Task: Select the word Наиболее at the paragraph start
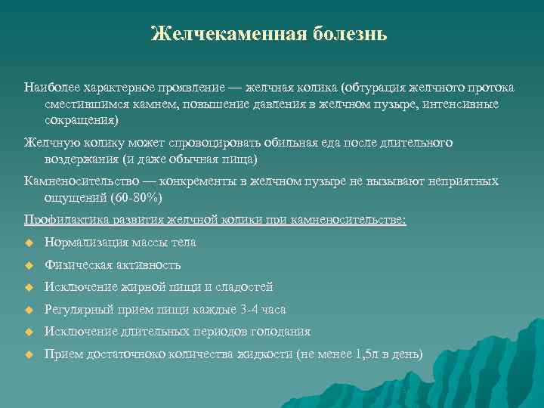click(x=50, y=88)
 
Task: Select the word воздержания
click(x=82, y=159)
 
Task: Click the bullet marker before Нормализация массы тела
click(x=29, y=243)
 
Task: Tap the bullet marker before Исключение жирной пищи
click(x=29, y=288)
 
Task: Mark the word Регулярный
click(x=79, y=310)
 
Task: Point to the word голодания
click(x=283, y=332)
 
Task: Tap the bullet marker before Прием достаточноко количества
click(x=29, y=354)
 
